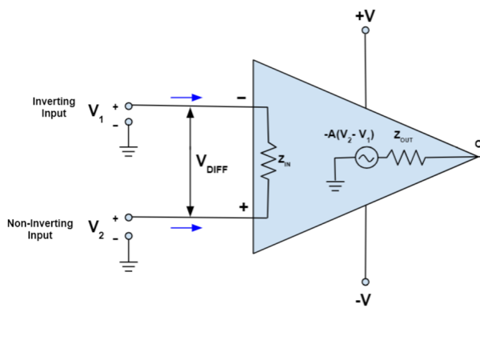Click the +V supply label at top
pos(366,14)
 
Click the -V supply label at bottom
pos(366,300)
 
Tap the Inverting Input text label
pos(54,108)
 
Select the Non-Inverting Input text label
pos(40,230)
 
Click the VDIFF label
pos(211,162)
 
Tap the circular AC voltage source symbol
pos(366,158)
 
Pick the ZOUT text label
pos(403,138)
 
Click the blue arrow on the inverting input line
pos(186,98)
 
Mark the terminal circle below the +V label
pos(366,30)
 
